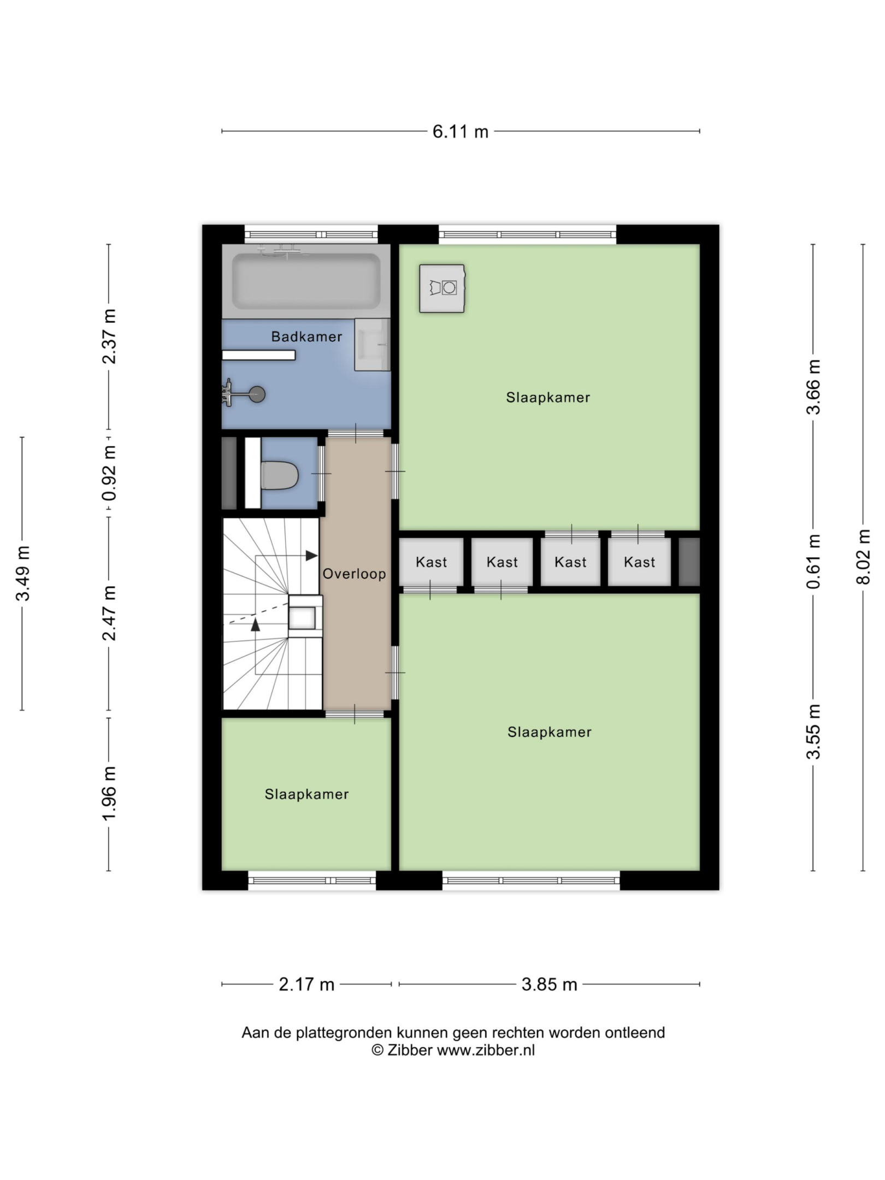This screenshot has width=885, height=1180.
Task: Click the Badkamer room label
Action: pyautogui.click(x=306, y=337)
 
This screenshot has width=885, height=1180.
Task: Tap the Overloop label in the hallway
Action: pyautogui.click(x=355, y=574)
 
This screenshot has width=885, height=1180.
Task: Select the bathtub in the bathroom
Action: pyautogui.click(x=306, y=281)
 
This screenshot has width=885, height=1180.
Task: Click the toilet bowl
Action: pyautogui.click(x=279, y=475)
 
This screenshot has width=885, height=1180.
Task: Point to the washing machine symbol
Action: pyautogui.click(x=442, y=288)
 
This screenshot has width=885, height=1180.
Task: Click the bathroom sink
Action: pyautogui.click(x=372, y=345)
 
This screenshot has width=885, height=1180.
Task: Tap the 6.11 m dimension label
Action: pyautogui.click(x=461, y=132)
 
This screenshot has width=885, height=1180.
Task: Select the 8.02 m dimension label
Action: pyautogui.click(x=863, y=557)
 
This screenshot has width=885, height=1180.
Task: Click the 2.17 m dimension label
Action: pyautogui.click(x=306, y=984)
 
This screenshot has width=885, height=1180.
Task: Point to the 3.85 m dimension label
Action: pyautogui.click(x=550, y=984)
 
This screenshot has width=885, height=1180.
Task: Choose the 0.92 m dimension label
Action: pyautogui.click(x=109, y=473)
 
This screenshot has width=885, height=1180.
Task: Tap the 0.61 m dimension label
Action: pyautogui.click(x=813, y=562)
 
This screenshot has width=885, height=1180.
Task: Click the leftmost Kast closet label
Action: pyautogui.click(x=432, y=562)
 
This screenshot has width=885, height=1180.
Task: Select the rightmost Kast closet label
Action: pyautogui.click(x=640, y=562)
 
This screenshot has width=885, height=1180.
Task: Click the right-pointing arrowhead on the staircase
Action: pyautogui.click(x=311, y=556)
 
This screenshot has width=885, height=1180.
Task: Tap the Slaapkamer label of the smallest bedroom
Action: pyautogui.click(x=306, y=794)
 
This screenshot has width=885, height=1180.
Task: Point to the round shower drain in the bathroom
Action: pyautogui.click(x=257, y=394)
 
